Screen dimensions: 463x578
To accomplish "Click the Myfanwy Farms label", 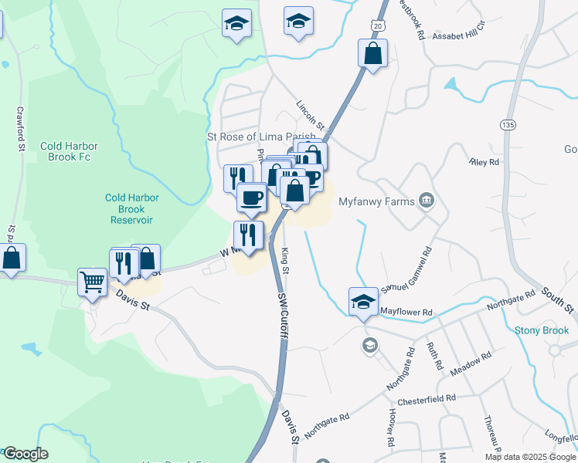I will (375, 201).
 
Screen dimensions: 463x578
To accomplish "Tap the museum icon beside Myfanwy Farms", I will (425, 201).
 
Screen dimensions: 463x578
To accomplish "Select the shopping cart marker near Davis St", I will (92, 282).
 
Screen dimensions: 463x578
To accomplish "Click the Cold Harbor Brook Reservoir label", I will (131, 208).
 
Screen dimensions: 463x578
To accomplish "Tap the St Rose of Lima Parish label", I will (260, 137).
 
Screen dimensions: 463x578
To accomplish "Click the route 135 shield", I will (508, 124).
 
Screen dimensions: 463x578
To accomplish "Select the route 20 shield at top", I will (376, 25).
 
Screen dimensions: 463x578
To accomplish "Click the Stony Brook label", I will (542, 330).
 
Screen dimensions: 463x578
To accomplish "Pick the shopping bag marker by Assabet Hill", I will (372, 53).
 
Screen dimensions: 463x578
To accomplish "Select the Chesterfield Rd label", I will (426, 400).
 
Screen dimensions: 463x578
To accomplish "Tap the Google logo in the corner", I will (25, 454).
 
